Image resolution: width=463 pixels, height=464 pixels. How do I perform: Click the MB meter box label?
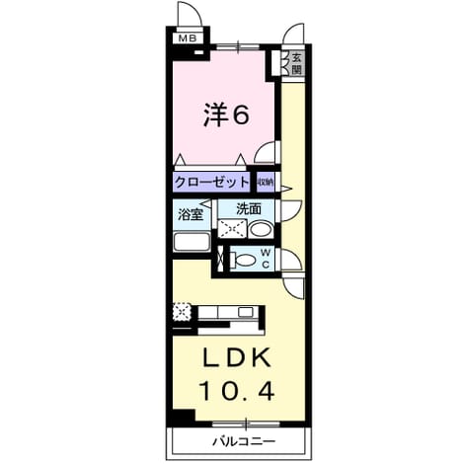click(188, 39)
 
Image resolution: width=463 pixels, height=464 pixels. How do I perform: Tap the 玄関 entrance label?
click(296, 64)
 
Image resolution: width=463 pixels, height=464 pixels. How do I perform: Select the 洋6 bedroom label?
click(226, 115)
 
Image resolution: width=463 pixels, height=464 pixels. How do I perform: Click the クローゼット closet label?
click(211, 182)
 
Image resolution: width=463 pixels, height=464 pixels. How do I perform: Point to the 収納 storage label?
click(266, 182)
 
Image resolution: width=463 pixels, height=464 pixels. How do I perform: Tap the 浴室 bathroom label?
click(190, 215)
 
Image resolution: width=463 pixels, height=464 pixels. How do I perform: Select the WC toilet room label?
click(266, 259)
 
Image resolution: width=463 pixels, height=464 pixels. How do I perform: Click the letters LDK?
click(237, 358)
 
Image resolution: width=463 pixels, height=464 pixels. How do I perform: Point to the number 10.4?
click(237, 391)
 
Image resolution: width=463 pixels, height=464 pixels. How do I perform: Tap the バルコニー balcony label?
click(243, 441)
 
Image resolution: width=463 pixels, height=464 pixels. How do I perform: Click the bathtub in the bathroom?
click(192, 242)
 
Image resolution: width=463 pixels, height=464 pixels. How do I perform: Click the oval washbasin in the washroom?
click(261, 229)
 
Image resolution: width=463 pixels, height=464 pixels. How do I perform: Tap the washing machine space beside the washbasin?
click(232, 229)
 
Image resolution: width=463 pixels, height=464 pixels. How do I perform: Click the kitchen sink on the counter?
click(245, 312)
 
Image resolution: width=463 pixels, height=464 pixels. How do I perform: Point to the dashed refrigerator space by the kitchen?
click(182, 311)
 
